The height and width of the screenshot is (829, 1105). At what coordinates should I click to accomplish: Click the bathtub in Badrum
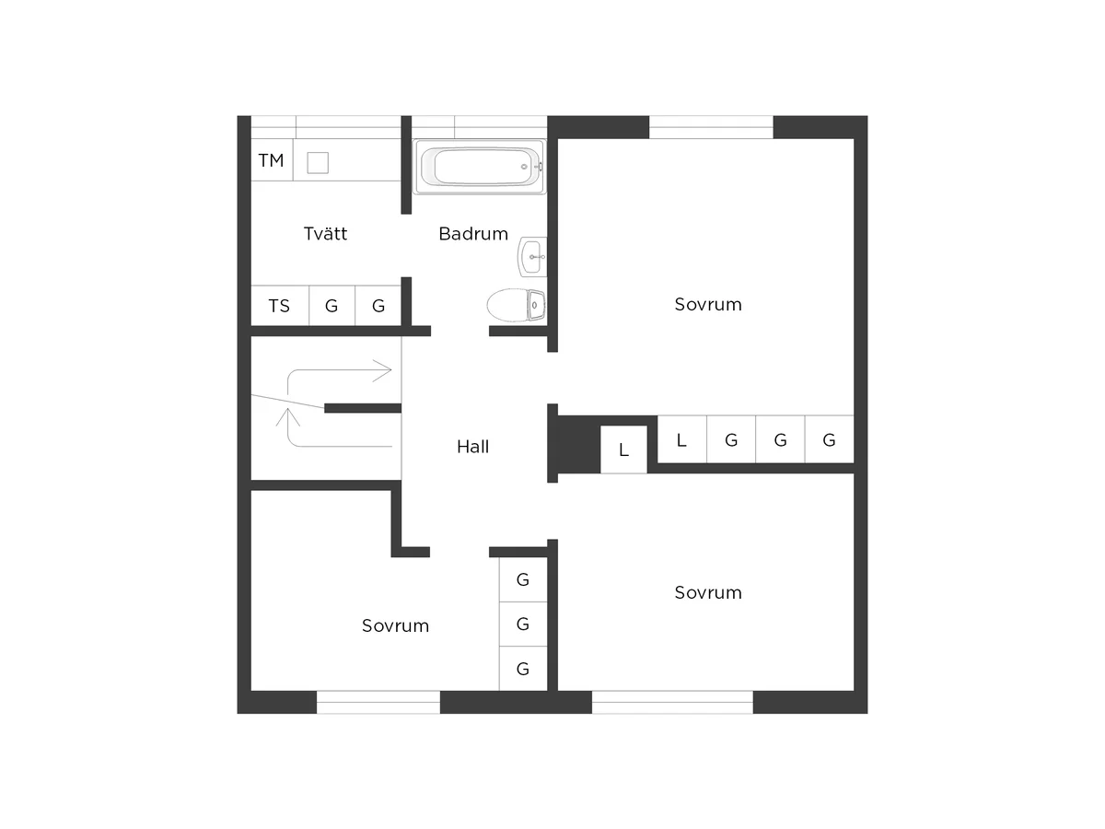pyautogui.click(x=479, y=167)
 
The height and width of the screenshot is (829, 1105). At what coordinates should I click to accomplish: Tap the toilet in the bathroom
pyautogui.click(x=516, y=305)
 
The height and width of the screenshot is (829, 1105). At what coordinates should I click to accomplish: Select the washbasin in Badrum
pyautogui.click(x=532, y=257)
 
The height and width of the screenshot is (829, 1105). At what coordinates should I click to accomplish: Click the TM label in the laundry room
pyautogui.click(x=271, y=160)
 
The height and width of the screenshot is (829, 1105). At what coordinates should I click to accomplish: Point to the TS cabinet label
pyautogui.click(x=279, y=306)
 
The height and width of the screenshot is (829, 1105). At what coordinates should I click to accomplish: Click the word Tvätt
pyautogui.click(x=325, y=234)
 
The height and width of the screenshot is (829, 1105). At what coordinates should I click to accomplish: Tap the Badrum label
pyautogui.click(x=473, y=234)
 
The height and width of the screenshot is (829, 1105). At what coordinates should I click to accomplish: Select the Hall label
pyautogui.click(x=472, y=447)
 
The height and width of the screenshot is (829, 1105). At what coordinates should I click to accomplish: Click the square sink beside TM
pyautogui.click(x=318, y=163)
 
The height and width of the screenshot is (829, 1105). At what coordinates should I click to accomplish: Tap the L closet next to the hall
pyautogui.click(x=623, y=450)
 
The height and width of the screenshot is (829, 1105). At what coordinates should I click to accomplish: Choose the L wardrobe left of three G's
pyautogui.click(x=681, y=439)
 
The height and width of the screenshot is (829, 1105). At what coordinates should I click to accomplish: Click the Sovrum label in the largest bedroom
pyautogui.click(x=708, y=305)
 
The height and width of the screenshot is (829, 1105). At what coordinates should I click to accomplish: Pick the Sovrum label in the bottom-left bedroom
pyautogui.click(x=395, y=625)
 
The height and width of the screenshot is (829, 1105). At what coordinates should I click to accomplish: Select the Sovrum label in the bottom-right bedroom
pyautogui.click(x=708, y=592)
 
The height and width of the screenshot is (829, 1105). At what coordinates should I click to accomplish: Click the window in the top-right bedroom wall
pyautogui.click(x=711, y=127)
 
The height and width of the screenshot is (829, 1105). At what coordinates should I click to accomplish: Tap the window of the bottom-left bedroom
pyautogui.click(x=378, y=702)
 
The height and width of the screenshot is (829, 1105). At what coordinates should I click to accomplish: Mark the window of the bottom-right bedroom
pyautogui.click(x=672, y=702)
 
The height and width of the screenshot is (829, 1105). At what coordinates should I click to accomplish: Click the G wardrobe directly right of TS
pyautogui.click(x=331, y=306)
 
